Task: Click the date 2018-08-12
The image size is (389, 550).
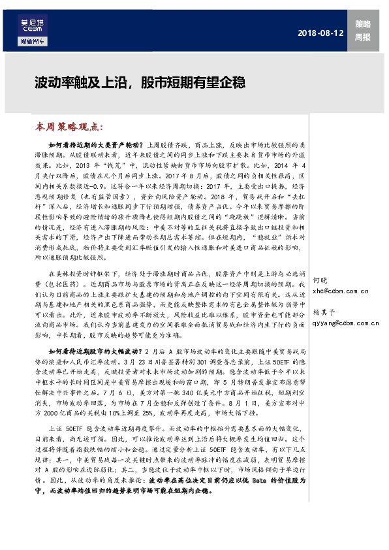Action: coord(320,33)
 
